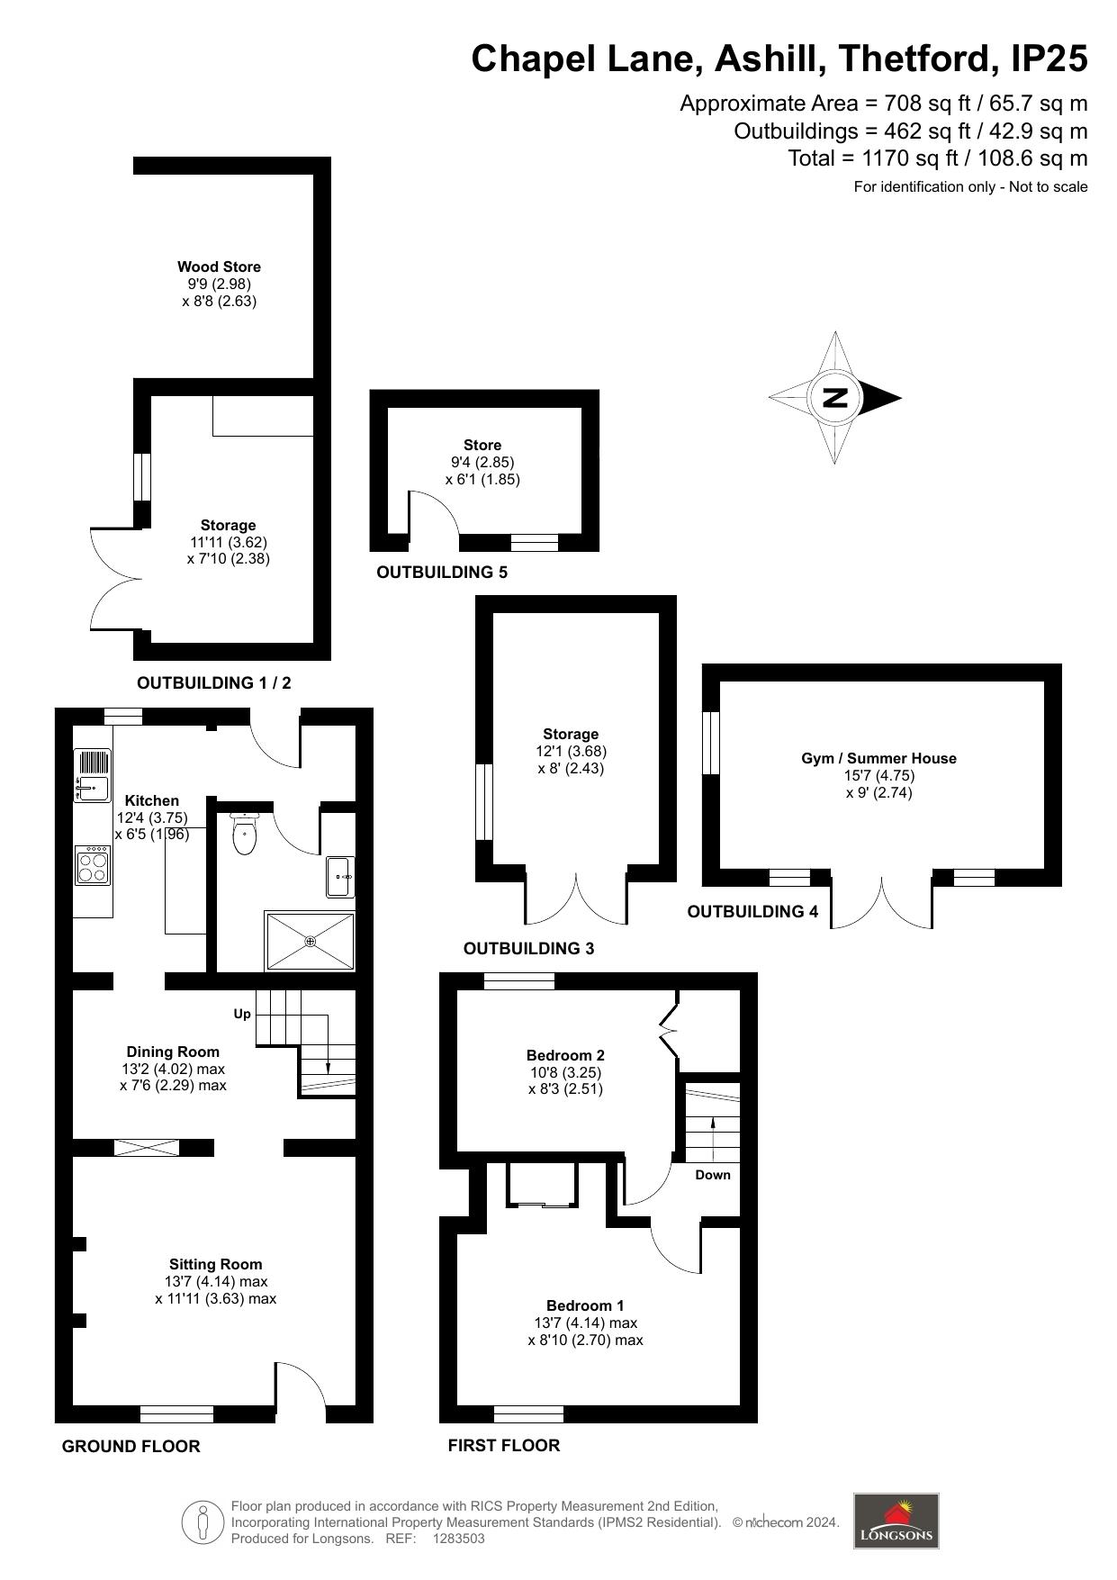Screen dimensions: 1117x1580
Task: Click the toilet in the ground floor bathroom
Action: (x=245, y=834)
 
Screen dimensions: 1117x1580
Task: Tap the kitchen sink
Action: (x=93, y=775)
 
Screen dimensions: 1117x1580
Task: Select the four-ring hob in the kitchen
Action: (x=93, y=864)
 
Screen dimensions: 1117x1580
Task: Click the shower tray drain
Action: (x=311, y=941)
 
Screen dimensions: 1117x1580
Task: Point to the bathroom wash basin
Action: (x=340, y=876)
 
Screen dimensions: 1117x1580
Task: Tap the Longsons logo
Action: (x=896, y=1521)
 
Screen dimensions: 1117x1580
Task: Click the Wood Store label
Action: (x=219, y=266)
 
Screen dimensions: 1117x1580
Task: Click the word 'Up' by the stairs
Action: (x=242, y=1015)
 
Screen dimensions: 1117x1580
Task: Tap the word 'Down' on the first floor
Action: (x=713, y=1175)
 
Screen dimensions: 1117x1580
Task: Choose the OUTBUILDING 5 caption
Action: (x=442, y=573)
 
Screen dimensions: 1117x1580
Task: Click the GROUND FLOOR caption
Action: (x=131, y=1447)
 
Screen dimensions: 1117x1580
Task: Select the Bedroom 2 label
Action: (x=565, y=1055)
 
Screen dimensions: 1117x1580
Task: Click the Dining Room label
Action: (x=173, y=1052)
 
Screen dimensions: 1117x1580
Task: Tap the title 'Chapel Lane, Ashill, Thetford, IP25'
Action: (x=779, y=59)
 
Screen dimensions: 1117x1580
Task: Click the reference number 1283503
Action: (x=459, y=1539)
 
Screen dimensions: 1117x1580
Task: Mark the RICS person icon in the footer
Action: (x=203, y=1522)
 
